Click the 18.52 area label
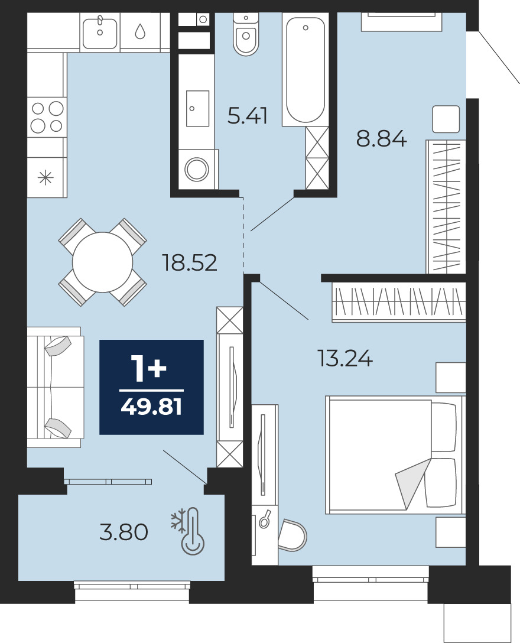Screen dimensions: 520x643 [x=190, y=262]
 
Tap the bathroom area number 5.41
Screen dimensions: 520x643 [x=247, y=115]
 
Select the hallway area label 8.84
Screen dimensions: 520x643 [x=381, y=139]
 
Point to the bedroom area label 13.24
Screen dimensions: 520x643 [x=345, y=358]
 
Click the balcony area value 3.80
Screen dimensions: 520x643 [x=124, y=532]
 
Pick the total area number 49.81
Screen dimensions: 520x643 [x=151, y=407]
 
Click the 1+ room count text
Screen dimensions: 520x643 [x=148, y=368]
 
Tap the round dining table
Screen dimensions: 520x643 [x=103, y=262]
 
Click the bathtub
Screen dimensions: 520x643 [x=305, y=69]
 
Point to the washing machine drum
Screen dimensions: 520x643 [x=197, y=168]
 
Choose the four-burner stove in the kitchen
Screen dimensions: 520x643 [x=47, y=117]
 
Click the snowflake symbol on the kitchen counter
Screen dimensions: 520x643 [x=45, y=178]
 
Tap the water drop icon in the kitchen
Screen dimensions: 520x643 [x=140, y=31]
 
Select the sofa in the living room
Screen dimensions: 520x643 [x=56, y=387]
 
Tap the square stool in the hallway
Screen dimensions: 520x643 [x=446, y=119]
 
